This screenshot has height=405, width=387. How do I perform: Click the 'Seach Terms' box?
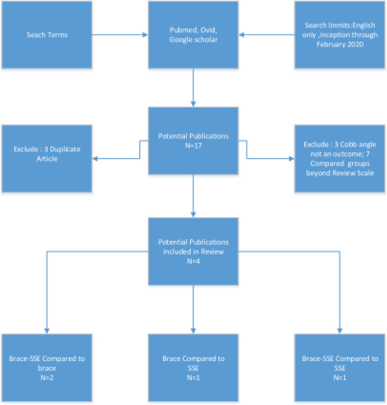[x=47, y=34]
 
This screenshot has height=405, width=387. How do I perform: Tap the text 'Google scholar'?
[x=193, y=40]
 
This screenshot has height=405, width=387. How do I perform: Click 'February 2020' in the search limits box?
[x=340, y=43]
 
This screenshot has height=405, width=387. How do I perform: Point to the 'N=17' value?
[x=193, y=145]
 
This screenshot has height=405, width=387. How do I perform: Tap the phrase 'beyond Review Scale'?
[x=339, y=173]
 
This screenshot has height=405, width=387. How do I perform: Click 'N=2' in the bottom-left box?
[x=47, y=377]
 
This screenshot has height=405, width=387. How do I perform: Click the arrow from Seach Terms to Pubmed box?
[x=119, y=35]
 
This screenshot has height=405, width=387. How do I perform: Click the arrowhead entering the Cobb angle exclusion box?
[x=292, y=159]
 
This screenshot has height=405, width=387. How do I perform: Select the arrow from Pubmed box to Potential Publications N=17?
[x=193, y=87]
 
